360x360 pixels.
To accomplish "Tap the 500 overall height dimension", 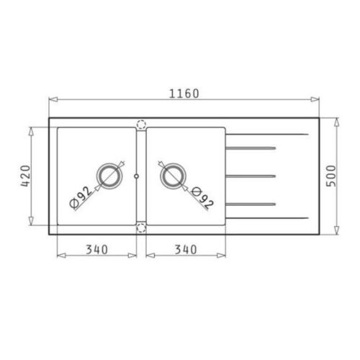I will (331, 176).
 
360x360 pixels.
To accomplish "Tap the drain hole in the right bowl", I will (171, 175).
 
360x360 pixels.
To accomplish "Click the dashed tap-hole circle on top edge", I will (140, 124).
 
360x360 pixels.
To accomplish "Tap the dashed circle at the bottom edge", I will (140, 228).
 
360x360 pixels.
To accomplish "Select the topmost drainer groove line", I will (251, 149).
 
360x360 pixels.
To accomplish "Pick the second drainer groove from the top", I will (251, 174).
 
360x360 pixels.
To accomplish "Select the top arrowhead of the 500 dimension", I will (339, 120).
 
